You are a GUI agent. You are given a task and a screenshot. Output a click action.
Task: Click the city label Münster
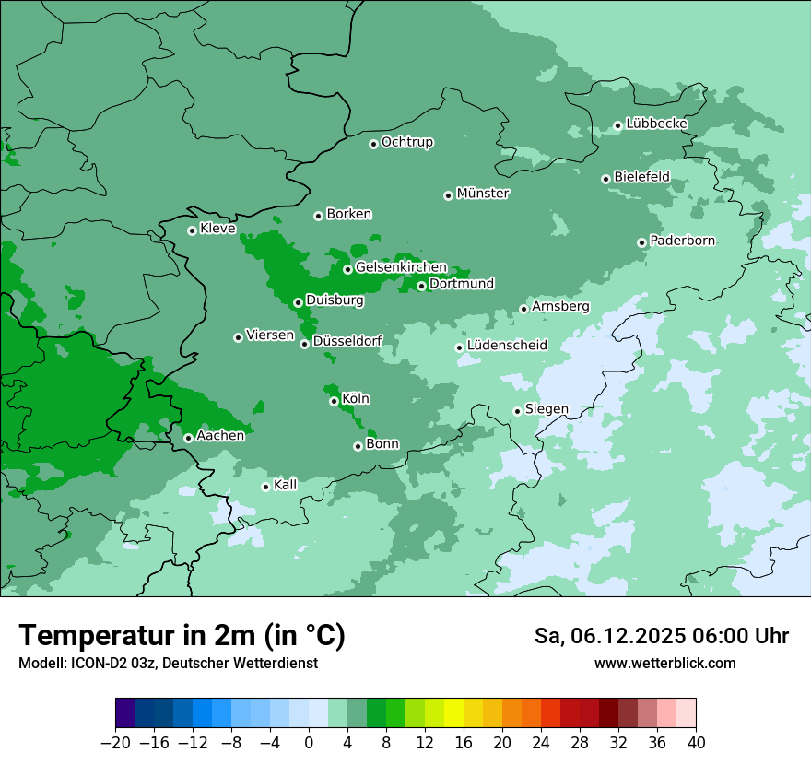483,194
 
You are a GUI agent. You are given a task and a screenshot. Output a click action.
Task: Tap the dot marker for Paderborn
642,242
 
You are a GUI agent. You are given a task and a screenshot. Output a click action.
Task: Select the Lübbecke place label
656,124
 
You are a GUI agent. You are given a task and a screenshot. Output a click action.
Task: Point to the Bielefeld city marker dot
606,179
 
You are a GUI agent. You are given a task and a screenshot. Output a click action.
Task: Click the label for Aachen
220,436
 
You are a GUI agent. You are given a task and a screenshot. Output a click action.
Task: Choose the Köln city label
356,399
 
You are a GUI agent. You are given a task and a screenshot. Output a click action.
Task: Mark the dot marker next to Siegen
518,412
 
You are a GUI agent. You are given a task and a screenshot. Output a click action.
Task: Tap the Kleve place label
217,229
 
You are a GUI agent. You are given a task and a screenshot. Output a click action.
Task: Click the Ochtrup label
407,142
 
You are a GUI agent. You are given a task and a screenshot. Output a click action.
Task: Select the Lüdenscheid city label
507,346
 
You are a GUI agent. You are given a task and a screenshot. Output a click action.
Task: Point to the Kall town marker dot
266,487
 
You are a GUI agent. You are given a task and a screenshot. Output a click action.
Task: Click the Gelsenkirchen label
401,267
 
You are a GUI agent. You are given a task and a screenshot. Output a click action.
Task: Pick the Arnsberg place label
560,306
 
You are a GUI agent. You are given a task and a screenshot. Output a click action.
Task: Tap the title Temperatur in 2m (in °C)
182,636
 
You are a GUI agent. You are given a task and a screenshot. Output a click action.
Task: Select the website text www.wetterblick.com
664,663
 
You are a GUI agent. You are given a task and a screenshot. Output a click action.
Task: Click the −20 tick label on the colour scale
115,743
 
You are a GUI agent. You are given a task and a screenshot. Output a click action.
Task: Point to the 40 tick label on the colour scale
696,743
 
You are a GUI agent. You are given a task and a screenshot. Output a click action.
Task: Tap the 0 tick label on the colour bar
309,743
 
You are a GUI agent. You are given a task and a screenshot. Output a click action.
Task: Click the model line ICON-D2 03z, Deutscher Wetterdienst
168,663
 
